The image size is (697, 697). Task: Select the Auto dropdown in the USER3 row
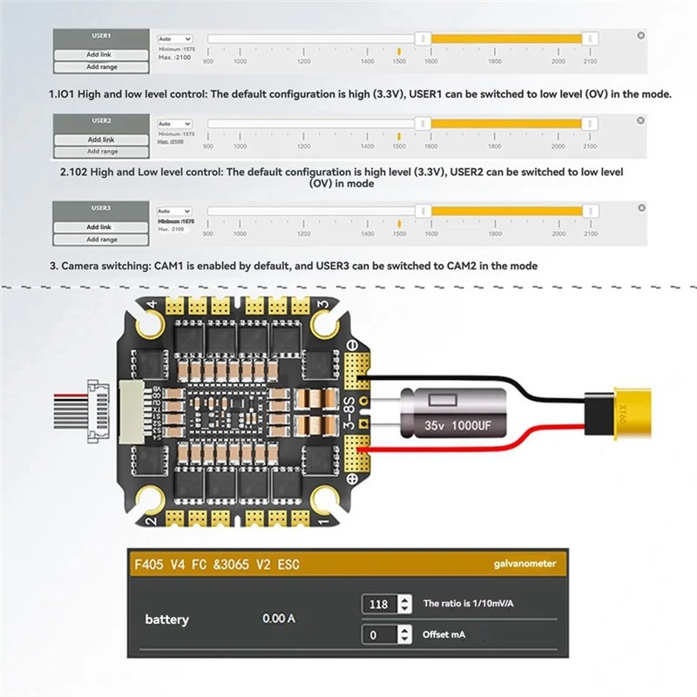point(174,211)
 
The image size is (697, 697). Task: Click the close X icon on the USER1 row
point(641,36)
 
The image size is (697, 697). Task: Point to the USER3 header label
point(101,208)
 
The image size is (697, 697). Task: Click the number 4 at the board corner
point(151,304)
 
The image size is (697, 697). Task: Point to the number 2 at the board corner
point(151,521)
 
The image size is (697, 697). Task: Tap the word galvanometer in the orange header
point(519,564)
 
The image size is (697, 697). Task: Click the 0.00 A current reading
point(279,619)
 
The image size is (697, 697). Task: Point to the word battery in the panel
point(166,619)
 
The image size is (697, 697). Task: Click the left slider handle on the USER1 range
point(423,38)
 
